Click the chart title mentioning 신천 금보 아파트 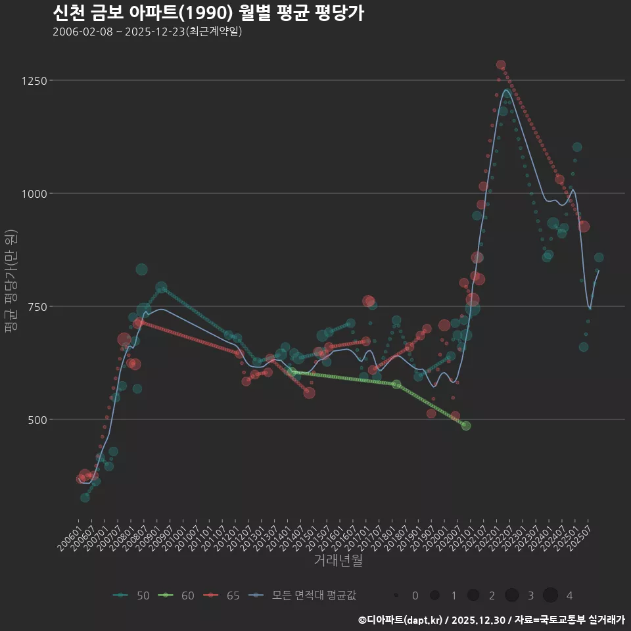click(x=208, y=13)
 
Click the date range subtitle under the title click(x=147, y=32)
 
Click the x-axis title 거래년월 click(x=338, y=561)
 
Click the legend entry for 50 click(x=131, y=596)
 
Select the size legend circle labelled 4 click(x=551, y=596)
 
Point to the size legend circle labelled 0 click(x=396, y=596)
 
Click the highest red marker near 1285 click(x=501, y=65)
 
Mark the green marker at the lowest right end click(x=466, y=426)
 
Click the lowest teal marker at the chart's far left click(x=85, y=498)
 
